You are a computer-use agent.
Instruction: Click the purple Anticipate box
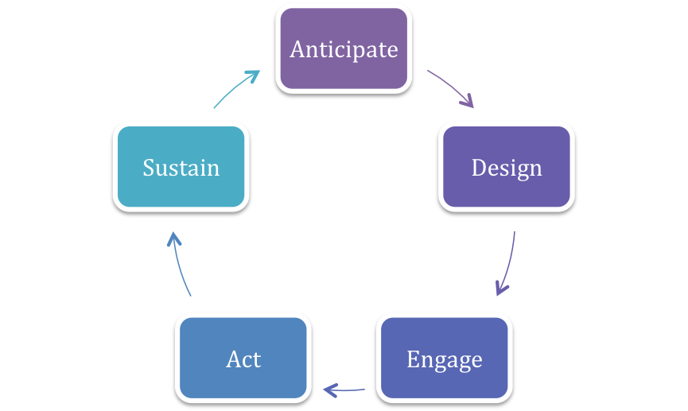point(344,48)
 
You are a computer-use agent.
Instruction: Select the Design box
point(507,167)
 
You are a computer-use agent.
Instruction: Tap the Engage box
point(445,358)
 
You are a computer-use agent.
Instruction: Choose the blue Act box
point(243,358)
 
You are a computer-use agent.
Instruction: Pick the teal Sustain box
point(181,167)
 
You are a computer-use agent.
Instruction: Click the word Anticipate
point(344,49)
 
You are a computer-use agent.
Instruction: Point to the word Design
point(507,169)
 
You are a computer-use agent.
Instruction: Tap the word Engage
point(445,361)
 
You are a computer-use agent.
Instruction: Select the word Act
point(243,359)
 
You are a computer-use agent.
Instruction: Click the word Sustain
point(181,168)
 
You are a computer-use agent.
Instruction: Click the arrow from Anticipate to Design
point(452,86)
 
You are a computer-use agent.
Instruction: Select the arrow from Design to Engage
point(509,264)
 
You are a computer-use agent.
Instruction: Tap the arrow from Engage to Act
point(344,390)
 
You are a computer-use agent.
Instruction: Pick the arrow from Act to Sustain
point(179,263)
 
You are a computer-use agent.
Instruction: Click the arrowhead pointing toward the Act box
point(330,390)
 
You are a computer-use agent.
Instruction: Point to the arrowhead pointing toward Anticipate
point(253,76)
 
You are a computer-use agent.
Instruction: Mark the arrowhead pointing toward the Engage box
point(500,289)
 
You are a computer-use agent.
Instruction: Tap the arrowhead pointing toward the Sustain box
point(173,239)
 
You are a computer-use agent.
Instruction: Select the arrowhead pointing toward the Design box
point(468,101)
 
